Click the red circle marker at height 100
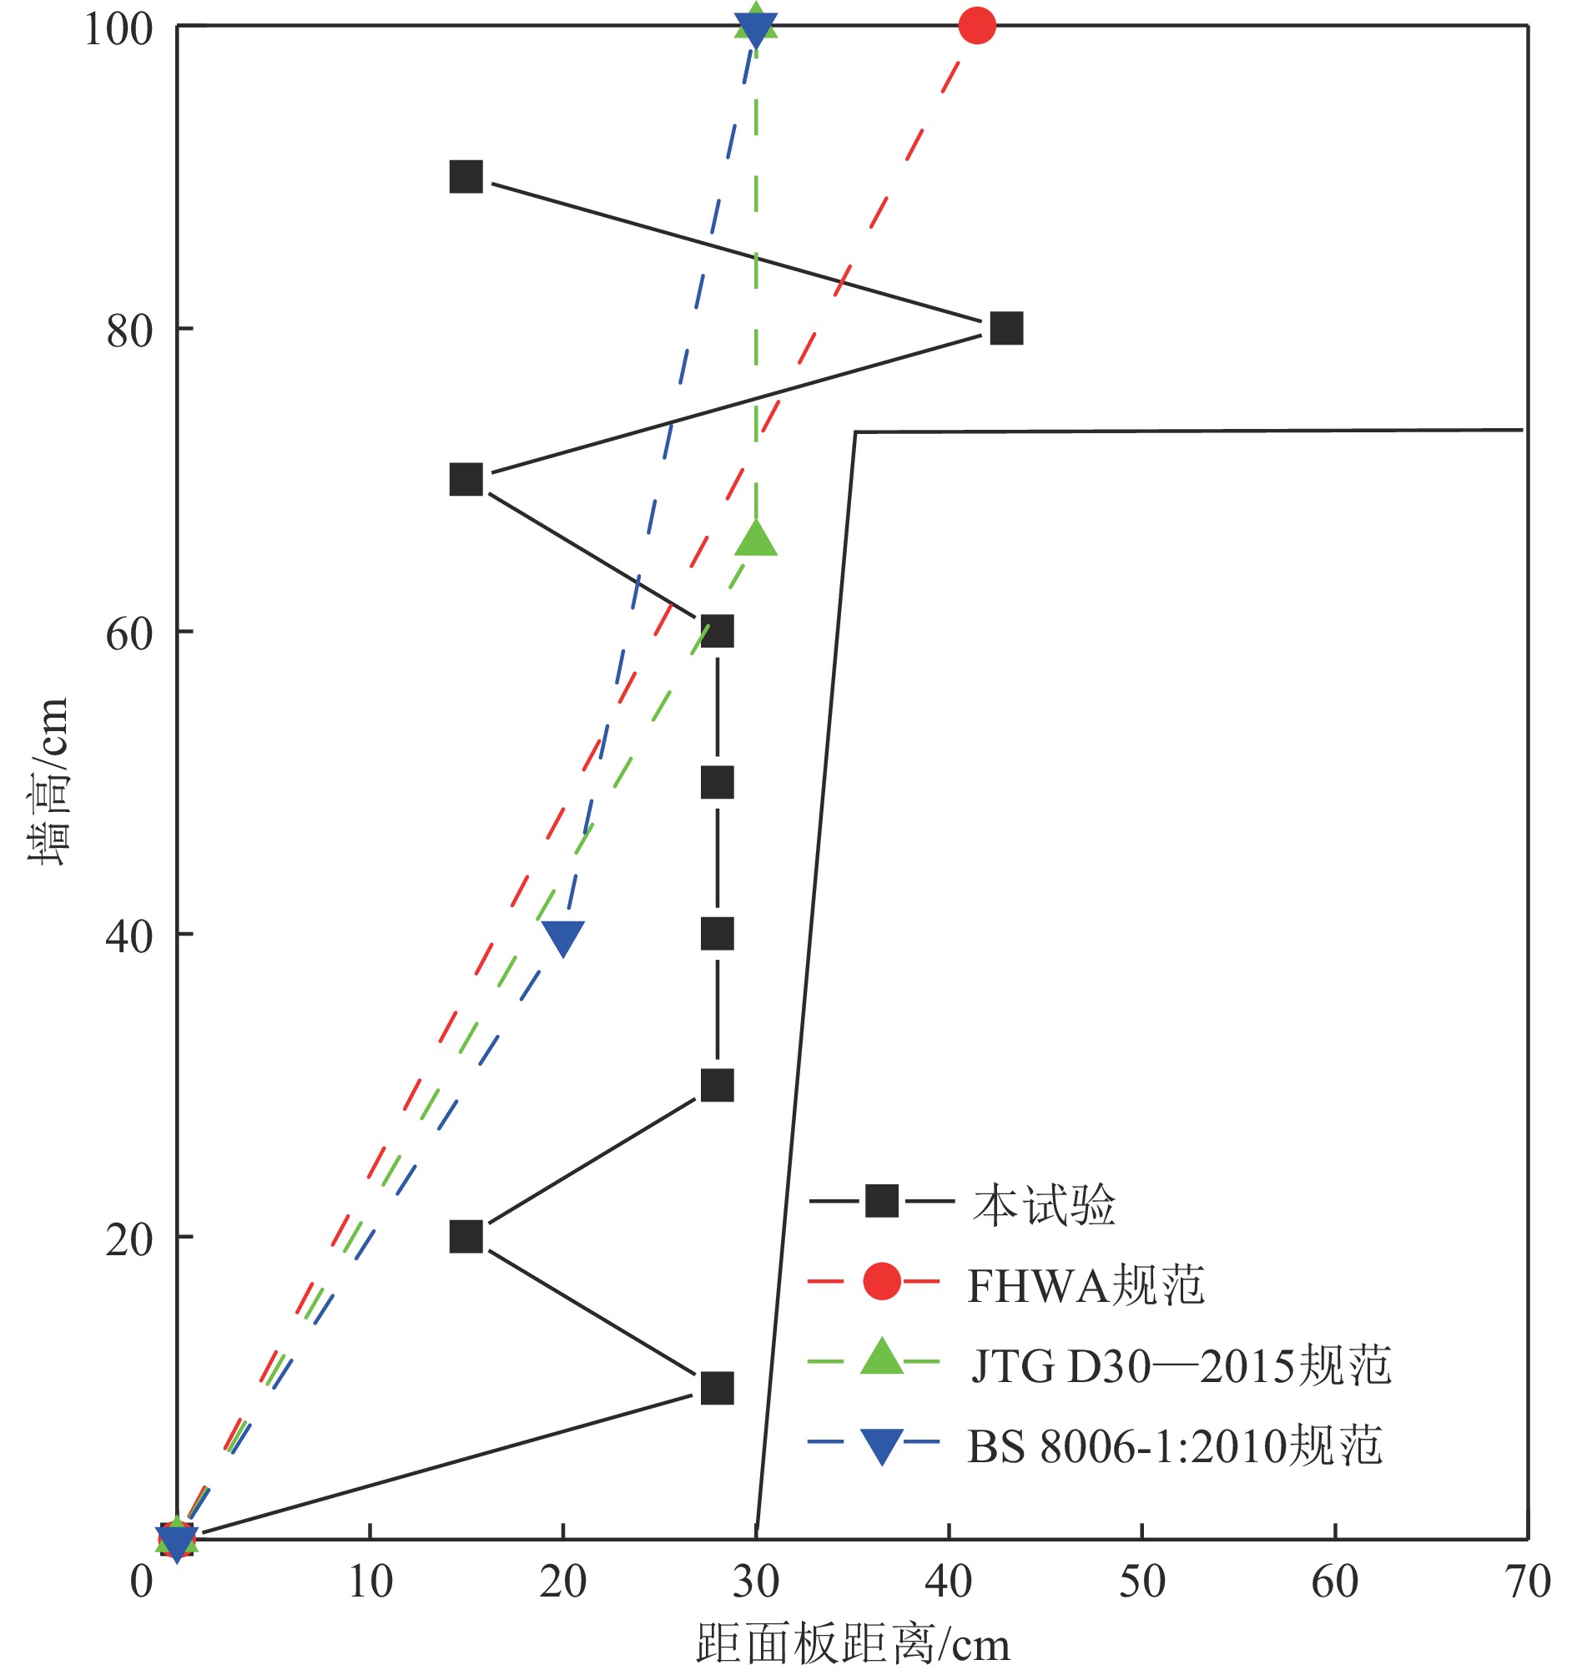[x=976, y=26]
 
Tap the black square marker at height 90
[x=466, y=177]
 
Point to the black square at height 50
[x=717, y=783]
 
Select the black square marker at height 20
[x=466, y=1237]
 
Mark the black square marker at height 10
[x=717, y=1389]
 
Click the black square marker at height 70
[x=466, y=479]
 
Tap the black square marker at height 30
[x=717, y=1086]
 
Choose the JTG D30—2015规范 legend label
[x=1179, y=1365]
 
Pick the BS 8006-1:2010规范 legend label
[x=1174, y=1446]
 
